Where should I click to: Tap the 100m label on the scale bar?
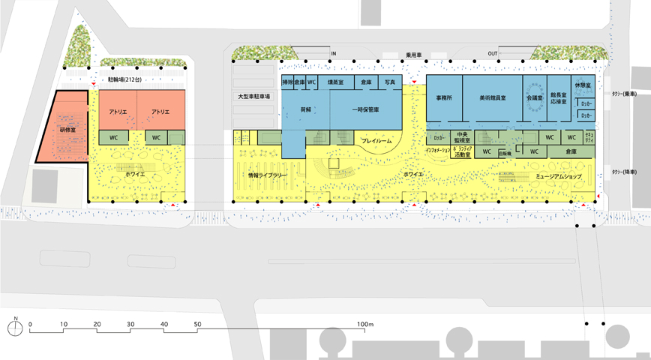(x=365, y=324)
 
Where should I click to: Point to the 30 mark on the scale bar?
(x=131, y=324)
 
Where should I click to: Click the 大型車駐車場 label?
(x=253, y=97)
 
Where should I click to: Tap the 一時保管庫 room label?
(x=364, y=109)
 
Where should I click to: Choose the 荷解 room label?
(x=305, y=109)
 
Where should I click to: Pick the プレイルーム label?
(x=376, y=141)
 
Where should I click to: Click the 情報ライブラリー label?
(x=268, y=175)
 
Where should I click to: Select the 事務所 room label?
(x=443, y=97)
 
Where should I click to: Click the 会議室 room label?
(x=534, y=97)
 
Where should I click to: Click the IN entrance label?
(x=334, y=54)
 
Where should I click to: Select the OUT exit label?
(x=492, y=54)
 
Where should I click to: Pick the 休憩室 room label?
(x=582, y=86)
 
